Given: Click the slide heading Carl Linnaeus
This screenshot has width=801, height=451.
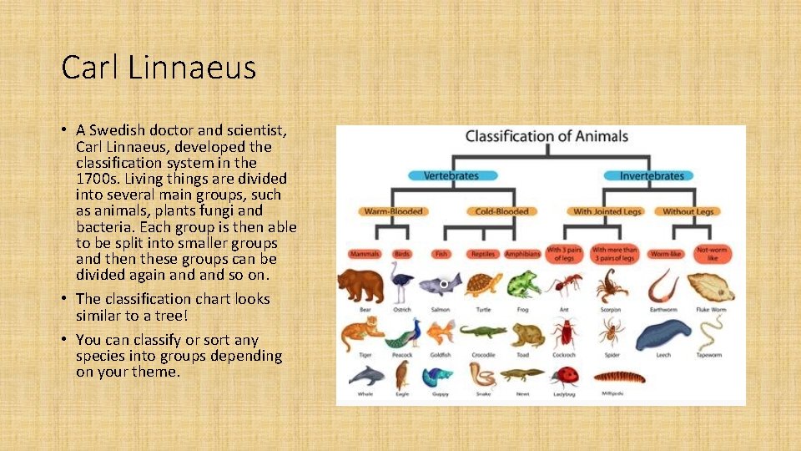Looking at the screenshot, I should pyautogui.click(x=159, y=68).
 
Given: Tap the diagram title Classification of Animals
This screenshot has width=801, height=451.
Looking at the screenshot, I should pyautogui.click(x=547, y=136).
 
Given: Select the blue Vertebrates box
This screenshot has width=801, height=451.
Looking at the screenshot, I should pyautogui.click(x=451, y=175).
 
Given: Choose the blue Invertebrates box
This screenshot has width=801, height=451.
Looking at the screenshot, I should pyautogui.click(x=652, y=175).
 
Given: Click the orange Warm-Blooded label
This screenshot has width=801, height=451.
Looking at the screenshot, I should pyautogui.click(x=393, y=211).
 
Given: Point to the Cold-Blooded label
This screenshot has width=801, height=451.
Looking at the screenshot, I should pyautogui.click(x=501, y=211).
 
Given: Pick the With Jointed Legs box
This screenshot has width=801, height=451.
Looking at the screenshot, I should pyautogui.click(x=607, y=211).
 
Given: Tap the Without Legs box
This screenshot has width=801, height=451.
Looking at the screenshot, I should pyautogui.click(x=689, y=211).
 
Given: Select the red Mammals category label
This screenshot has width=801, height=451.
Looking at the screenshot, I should pyautogui.click(x=365, y=254).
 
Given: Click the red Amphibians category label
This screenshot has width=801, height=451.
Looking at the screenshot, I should pyautogui.click(x=522, y=254).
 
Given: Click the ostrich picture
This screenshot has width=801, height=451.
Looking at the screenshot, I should pyautogui.click(x=402, y=283).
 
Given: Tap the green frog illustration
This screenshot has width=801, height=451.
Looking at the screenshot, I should pyautogui.click(x=522, y=285).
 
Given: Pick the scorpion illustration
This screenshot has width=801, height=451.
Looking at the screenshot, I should pyautogui.click(x=612, y=285).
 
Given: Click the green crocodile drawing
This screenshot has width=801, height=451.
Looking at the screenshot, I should pyautogui.click(x=483, y=332).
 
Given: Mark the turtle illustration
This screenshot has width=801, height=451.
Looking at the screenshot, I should pyautogui.click(x=482, y=285).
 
